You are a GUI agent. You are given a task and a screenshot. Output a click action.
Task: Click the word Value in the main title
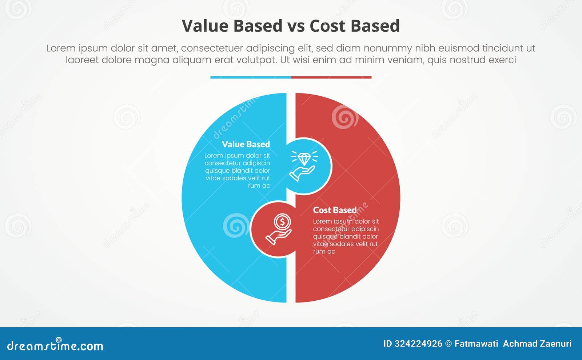click(206, 26)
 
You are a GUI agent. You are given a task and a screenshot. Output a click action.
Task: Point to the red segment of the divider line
click(331, 77)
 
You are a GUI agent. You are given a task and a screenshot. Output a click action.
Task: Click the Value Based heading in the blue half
click(246, 144)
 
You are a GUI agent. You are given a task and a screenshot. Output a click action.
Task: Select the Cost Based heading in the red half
click(335, 210)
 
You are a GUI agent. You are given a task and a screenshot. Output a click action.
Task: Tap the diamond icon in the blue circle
click(304, 159)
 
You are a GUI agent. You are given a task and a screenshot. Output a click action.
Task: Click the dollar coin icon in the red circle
click(282, 221)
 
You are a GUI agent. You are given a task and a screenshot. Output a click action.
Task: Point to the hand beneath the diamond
click(302, 173)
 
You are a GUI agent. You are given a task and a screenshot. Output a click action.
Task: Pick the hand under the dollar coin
click(278, 236)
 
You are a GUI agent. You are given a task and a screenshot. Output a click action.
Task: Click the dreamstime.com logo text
click(55, 346)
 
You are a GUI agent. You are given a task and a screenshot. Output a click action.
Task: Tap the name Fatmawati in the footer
click(476, 344)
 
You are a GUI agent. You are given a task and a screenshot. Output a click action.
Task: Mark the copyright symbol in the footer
click(449, 344)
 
